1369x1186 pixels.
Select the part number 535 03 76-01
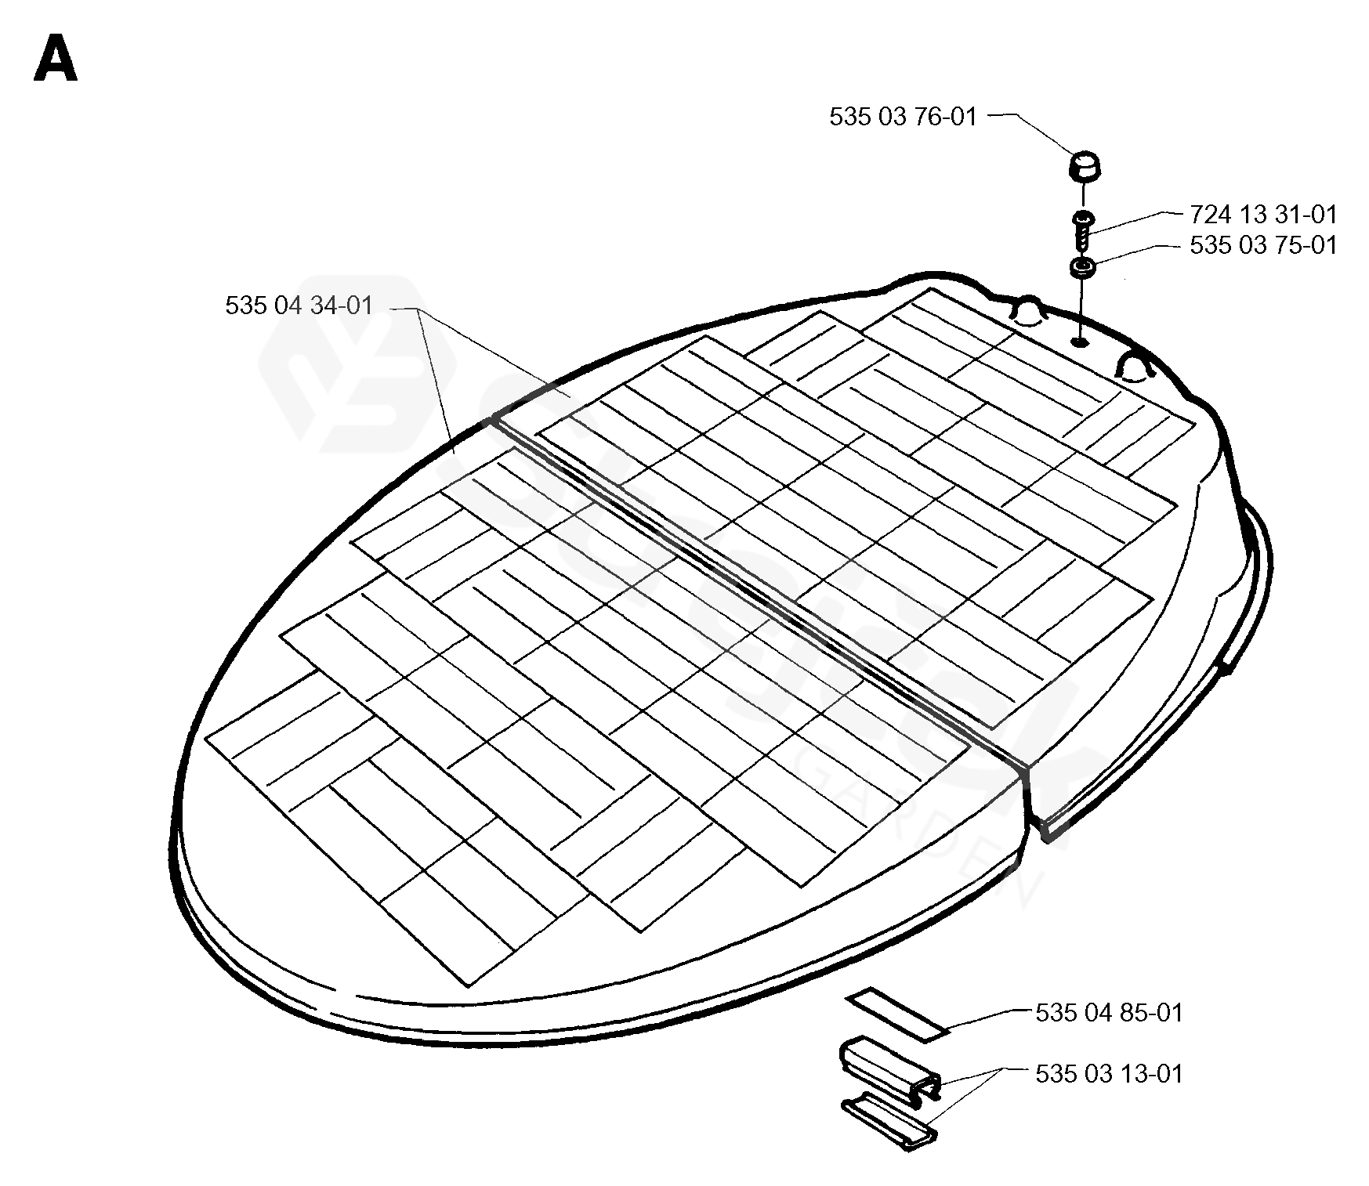tap(903, 118)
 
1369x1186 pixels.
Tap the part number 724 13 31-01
tap(1263, 214)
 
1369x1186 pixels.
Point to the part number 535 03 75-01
tap(1263, 245)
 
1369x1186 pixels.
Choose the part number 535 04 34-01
tap(299, 306)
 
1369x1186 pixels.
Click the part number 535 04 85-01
tap(1109, 1013)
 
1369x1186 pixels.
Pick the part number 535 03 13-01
tap(1109, 1073)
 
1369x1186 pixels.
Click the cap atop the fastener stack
tap(1084, 166)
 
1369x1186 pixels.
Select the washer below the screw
tap(1082, 269)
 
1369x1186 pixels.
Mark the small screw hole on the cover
tap(1080, 341)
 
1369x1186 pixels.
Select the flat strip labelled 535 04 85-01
tap(898, 1014)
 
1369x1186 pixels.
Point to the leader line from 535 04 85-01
tap(987, 1020)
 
